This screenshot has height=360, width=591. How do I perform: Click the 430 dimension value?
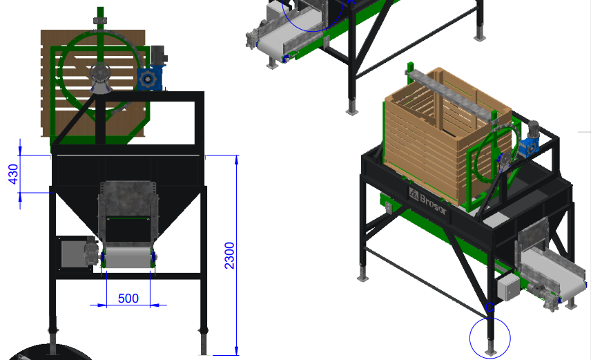tap(13, 174)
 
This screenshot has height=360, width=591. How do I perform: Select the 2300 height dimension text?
tap(229, 256)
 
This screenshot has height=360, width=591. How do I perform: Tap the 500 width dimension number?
tap(128, 299)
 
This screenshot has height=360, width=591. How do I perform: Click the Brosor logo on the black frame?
tap(428, 201)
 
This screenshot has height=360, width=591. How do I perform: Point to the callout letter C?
tap(490, 307)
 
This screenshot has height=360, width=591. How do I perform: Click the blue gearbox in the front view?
tap(148, 78)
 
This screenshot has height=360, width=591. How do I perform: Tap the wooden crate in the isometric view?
tap(447, 136)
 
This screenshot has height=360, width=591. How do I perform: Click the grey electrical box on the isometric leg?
tap(509, 287)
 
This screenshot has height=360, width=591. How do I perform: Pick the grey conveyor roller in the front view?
tap(128, 257)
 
